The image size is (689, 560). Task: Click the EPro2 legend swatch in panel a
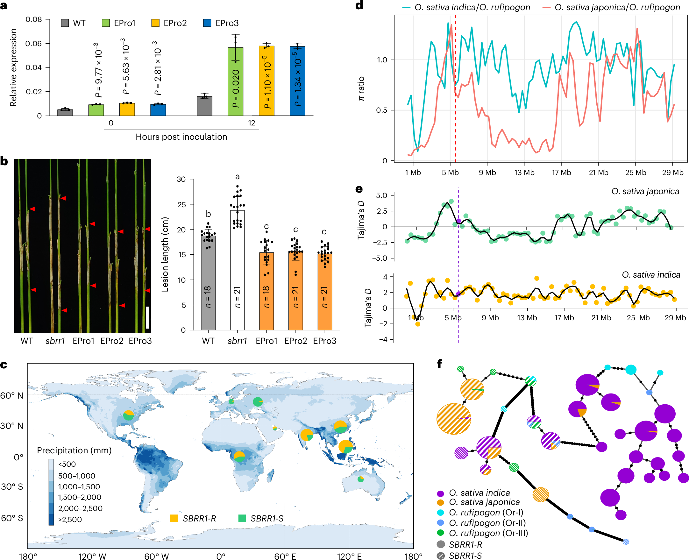(155, 23)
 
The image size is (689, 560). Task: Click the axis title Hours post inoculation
(181, 137)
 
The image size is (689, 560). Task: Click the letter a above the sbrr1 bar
(238, 176)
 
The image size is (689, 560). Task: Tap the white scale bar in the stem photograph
(147, 317)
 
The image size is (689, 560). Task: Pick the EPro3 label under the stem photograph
(140, 341)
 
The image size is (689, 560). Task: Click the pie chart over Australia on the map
(361, 479)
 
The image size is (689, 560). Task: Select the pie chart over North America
(129, 415)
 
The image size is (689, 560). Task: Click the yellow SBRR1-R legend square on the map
(174, 518)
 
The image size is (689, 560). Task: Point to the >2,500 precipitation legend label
(70, 519)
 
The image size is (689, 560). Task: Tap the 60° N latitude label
(11, 395)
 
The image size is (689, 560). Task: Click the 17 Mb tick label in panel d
(561, 173)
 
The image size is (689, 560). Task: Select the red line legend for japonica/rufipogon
(546, 7)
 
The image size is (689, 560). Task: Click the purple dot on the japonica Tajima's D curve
(458, 221)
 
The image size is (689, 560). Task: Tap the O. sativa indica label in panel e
(651, 274)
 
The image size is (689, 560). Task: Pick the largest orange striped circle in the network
(453, 419)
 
